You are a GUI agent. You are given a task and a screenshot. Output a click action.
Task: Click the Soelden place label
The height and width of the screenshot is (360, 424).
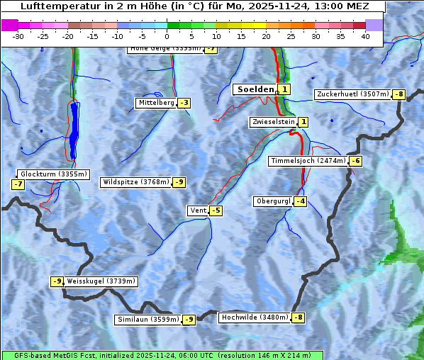click(255, 89)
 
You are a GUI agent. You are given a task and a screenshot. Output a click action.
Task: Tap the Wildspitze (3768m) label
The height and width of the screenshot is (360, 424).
click(136, 182)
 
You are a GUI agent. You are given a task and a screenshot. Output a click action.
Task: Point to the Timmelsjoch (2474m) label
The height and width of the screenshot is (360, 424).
click(308, 161)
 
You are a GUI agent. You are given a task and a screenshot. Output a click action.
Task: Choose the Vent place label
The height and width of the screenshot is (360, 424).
click(198, 210)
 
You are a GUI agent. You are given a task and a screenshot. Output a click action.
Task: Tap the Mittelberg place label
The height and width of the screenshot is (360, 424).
click(156, 103)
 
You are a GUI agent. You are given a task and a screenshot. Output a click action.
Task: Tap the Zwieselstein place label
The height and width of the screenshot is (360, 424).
click(273, 122)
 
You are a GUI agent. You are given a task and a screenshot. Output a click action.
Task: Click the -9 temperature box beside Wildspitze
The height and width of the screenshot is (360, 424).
click(179, 182)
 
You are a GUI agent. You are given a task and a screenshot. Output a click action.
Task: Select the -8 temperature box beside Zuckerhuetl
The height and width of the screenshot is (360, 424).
click(399, 94)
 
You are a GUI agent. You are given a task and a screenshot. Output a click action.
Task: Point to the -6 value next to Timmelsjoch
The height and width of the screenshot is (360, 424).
click(355, 161)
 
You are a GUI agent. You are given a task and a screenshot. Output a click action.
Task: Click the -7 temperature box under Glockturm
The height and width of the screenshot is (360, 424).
click(18, 184)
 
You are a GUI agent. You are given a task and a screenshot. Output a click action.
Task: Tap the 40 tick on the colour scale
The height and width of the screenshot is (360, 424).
click(365, 36)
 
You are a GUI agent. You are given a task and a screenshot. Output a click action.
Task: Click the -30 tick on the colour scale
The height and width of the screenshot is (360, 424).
click(18, 36)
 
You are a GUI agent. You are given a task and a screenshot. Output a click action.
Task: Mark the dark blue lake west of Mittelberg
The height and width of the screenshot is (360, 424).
click(74, 131)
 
